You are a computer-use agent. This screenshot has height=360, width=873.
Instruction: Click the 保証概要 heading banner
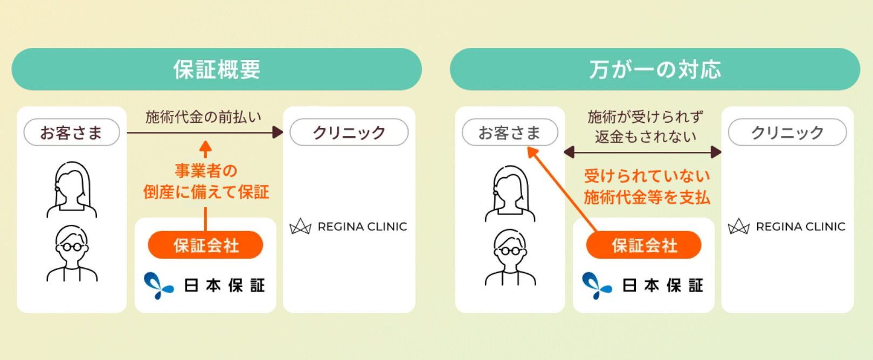click(217, 70)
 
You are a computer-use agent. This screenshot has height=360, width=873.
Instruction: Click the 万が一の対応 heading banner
click(655, 70)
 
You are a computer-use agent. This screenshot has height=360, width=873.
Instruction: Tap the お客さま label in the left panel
click(72, 133)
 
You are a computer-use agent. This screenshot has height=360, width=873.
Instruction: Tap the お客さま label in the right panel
click(510, 133)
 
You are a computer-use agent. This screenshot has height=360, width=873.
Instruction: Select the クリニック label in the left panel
click(349, 133)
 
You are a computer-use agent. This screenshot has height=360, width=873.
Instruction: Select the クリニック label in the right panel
click(787, 133)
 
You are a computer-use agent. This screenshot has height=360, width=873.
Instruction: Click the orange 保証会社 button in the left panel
click(206, 245)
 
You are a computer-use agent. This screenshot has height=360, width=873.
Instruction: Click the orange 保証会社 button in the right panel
click(644, 245)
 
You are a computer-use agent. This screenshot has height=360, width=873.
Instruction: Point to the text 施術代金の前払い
click(203, 117)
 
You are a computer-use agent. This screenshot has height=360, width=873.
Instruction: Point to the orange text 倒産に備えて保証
click(206, 192)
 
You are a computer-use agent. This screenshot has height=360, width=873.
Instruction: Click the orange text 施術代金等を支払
click(647, 197)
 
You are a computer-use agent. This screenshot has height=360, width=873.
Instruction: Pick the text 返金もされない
click(646, 137)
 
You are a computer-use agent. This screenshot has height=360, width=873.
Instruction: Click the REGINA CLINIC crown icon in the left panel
click(301, 227)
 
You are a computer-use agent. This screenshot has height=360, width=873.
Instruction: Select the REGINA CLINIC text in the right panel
click(800, 227)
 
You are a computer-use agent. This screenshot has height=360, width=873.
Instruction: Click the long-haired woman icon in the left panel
click(72, 190)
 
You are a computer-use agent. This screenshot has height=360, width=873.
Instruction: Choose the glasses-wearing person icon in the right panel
click(510, 257)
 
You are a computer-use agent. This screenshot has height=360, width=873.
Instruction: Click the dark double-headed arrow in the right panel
click(642, 153)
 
